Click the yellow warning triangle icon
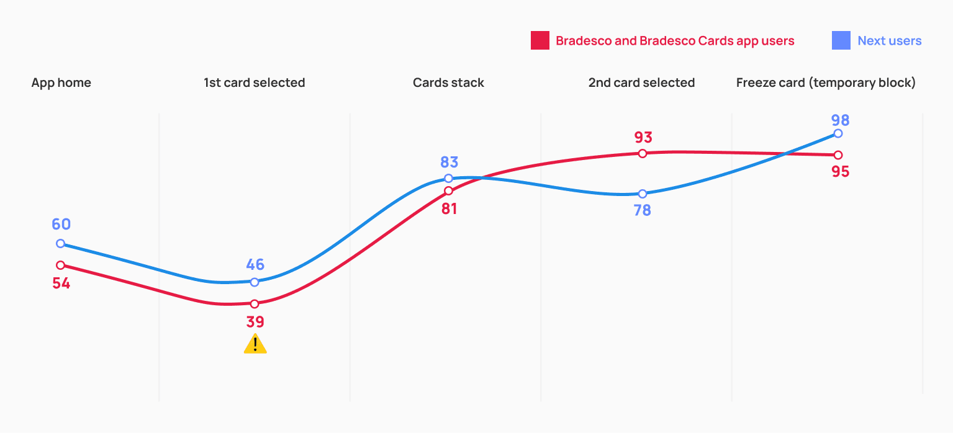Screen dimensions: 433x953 point(255,344)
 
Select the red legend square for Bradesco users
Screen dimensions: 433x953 point(540,41)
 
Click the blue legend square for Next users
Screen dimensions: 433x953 point(841,41)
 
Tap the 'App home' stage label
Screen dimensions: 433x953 point(61,83)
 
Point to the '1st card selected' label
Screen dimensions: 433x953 point(254,83)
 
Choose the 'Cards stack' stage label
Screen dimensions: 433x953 point(448,83)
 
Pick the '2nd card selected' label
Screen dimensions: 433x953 point(641,83)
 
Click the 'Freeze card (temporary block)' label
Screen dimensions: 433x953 point(826,83)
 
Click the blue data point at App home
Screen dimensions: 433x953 point(60,244)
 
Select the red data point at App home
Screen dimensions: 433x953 point(60,265)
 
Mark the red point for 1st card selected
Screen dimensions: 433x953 point(255,304)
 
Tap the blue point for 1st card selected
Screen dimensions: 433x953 point(255,282)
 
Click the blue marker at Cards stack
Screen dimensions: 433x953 point(448,179)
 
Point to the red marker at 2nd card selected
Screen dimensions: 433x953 point(643,153)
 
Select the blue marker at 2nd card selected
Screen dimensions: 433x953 point(643,194)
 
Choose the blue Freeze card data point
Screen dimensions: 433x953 point(838,133)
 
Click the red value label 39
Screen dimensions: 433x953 point(255,322)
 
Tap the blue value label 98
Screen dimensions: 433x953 point(841,120)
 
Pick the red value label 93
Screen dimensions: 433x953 point(643,137)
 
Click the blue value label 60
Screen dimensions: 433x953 point(61,225)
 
